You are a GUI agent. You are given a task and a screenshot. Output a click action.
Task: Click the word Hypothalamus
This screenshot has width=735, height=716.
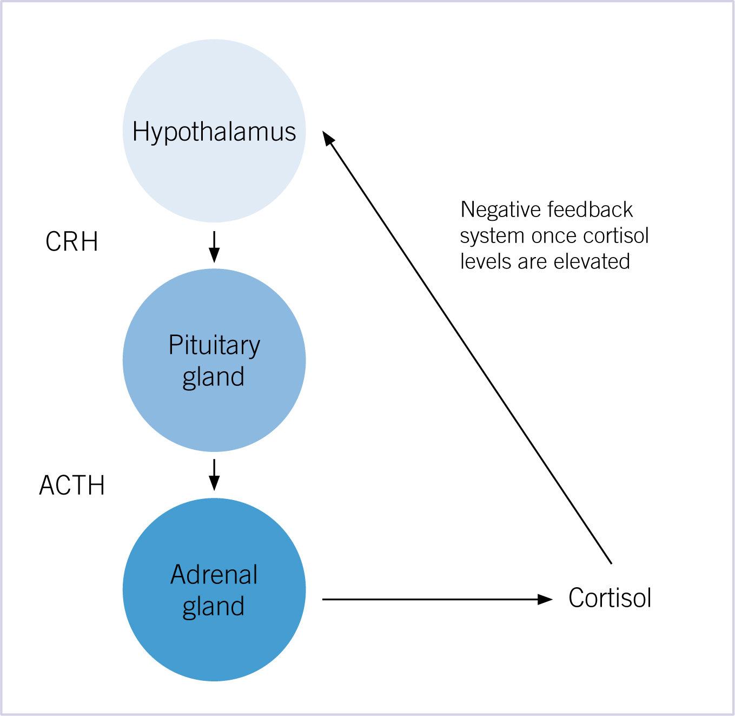click(214, 132)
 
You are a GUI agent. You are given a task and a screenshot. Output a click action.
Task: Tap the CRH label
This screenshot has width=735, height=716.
click(72, 241)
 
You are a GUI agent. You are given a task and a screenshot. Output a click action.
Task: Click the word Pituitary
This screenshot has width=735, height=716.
click(214, 345)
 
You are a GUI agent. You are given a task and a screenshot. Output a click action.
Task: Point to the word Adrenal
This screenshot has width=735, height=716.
click(214, 575)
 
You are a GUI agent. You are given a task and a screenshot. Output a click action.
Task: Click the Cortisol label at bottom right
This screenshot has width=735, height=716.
click(610, 597)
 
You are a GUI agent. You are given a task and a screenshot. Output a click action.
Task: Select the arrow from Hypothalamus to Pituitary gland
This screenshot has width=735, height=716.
click(214, 247)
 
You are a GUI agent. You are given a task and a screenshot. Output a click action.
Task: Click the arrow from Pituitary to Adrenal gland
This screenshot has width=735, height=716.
click(214, 475)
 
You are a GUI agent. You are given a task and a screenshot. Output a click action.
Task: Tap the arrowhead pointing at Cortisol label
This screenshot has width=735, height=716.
click(545, 599)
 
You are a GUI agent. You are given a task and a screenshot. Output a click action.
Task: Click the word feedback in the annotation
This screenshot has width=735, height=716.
click(590, 209)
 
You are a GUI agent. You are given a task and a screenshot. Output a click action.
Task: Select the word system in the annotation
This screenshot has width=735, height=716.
click(492, 237)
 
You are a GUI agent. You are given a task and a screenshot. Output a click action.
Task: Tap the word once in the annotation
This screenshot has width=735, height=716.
click(554, 237)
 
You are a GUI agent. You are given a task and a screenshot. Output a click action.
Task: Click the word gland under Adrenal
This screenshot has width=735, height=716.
click(214, 607)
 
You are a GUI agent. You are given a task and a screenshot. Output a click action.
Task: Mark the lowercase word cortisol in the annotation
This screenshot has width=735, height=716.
click(616, 236)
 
